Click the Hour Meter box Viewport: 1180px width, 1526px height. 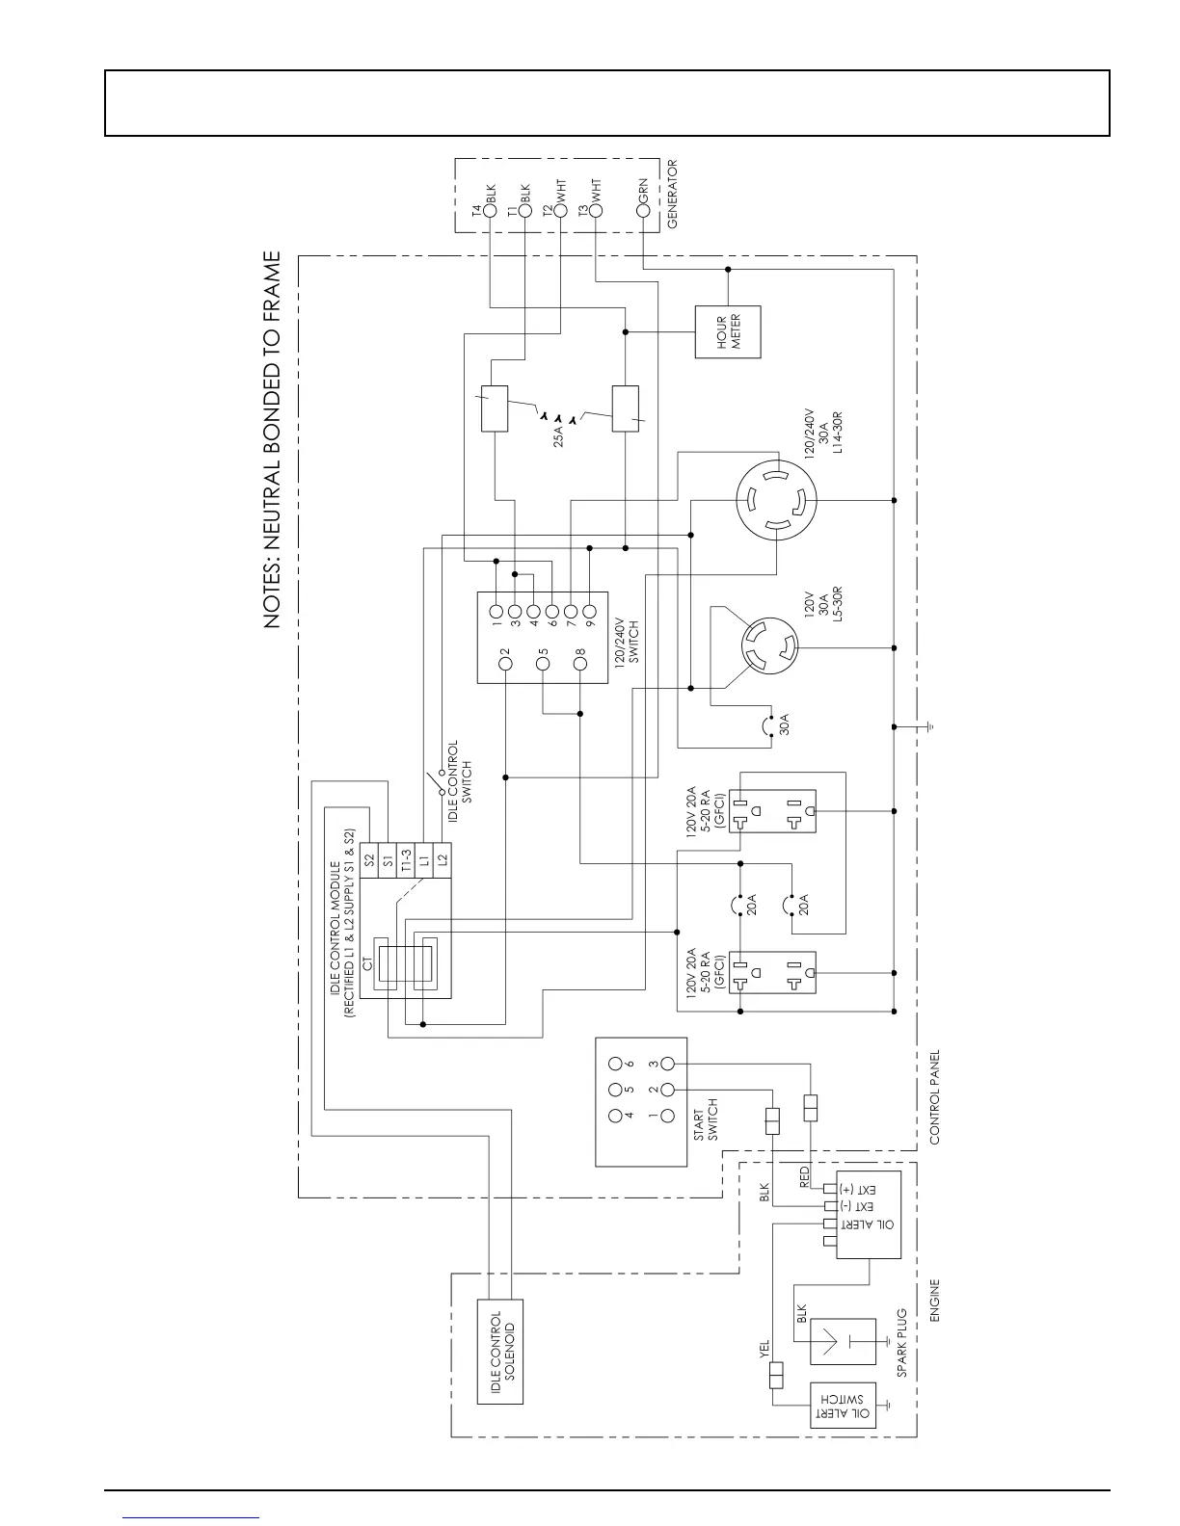(728, 332)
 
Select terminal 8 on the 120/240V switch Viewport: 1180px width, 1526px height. (579, 652)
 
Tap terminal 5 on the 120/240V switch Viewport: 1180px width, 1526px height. (543, 652)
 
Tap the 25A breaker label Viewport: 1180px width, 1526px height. (558, 436)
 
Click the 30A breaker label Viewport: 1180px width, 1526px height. (784, 724)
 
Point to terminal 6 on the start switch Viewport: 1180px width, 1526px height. (615, 1064)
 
